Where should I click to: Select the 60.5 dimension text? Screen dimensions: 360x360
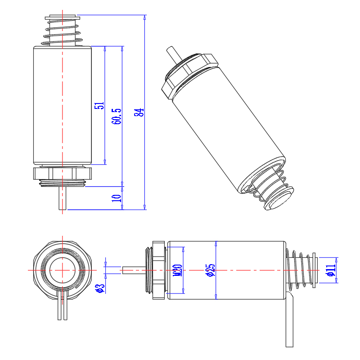pos(117,116)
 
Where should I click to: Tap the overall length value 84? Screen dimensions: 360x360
pos(139,112)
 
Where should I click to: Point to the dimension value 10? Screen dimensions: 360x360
pos(117,198)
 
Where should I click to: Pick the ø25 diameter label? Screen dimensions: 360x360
pos(210,270)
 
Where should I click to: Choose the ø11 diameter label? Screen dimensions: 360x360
pos(330,270)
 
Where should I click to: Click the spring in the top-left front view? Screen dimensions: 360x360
pos(63,31)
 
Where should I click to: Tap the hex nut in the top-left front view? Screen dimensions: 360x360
pos(63,173)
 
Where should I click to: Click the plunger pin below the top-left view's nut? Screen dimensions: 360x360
pos(63,198)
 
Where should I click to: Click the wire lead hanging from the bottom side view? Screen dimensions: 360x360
pos(290,319)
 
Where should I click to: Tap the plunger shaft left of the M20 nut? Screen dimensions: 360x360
pos(134,270)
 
